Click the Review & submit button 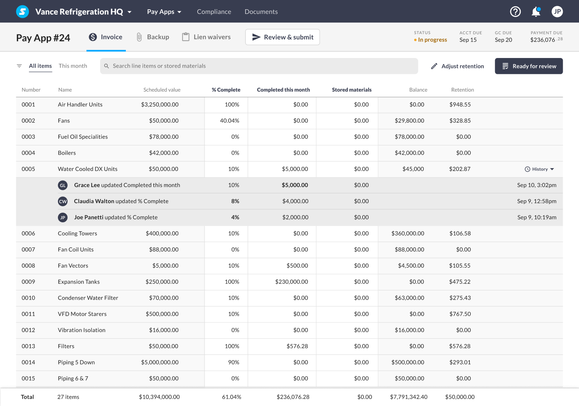pos(283,37)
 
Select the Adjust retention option pos(457,66)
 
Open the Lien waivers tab pos(207,37)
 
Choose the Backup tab pos(153,37)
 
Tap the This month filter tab pos(73,66)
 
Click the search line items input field pos(259,66)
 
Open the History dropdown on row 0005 pos(540,169)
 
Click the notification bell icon pos(536,12)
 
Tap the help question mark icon pos(515,12)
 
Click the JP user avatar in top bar pos(557,12)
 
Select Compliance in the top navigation pos(214,12)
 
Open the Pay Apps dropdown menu pos(164,12)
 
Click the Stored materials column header pos(352,90)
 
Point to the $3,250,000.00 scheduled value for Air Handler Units pos(160,105)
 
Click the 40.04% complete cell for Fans pos(230,121)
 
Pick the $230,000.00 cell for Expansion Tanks pos(291,282)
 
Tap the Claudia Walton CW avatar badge pos(63,201)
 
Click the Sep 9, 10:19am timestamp pos(537,217)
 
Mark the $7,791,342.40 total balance pos(409,397)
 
